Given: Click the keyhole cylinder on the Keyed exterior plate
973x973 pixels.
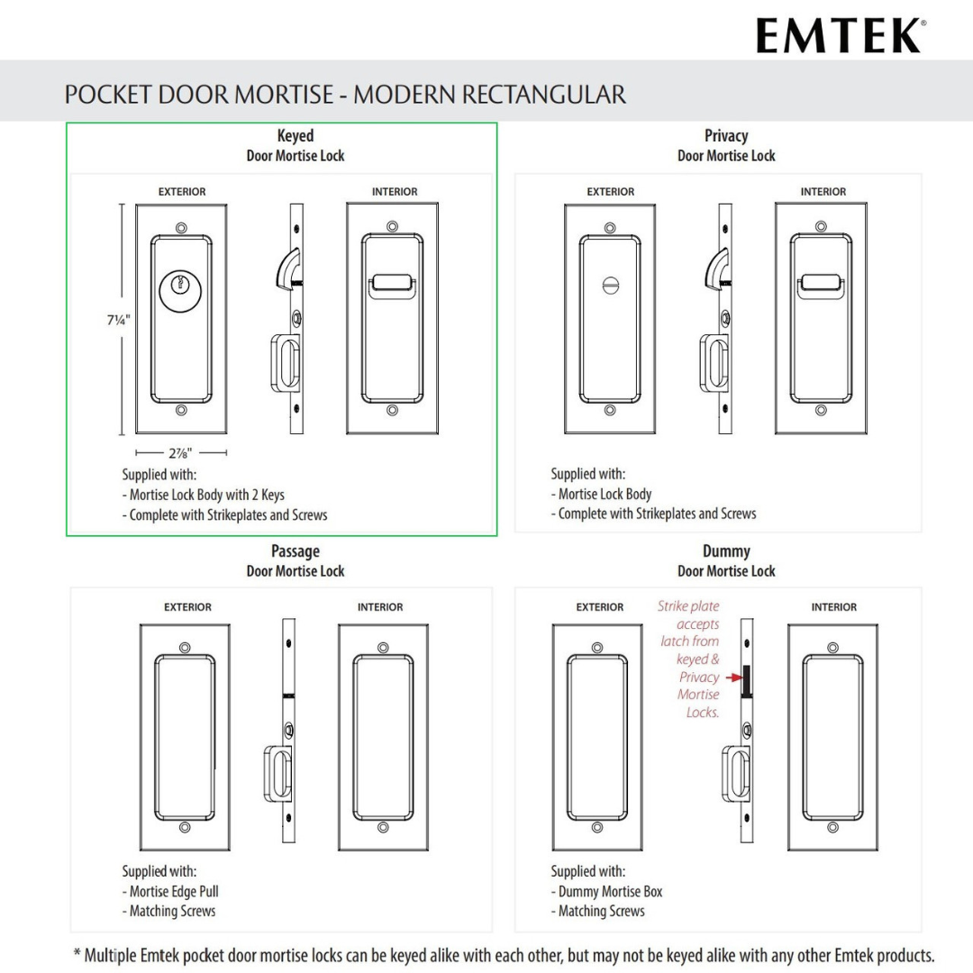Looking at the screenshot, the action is point(180,290).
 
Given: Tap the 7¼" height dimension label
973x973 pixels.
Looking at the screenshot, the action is point(119,320).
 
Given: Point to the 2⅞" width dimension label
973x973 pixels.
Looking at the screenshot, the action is point(180,453).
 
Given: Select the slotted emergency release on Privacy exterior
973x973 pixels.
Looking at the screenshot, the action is point(611,286).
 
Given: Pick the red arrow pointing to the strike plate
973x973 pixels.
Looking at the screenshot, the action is point(734,677).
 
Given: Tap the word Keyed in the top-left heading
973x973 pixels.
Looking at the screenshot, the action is point(296,135).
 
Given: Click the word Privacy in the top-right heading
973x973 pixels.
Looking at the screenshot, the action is point(726,135).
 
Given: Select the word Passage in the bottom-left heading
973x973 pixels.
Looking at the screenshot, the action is point(296,551).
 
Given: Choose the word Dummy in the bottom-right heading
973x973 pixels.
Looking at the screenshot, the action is point(726,551).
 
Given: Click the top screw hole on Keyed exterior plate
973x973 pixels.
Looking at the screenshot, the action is point(182,228).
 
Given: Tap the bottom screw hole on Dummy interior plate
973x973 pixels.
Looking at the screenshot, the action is point(832,827).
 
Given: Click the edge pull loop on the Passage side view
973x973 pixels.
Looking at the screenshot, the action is point(278,773).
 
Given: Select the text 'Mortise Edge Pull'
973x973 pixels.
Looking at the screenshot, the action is point(174,891).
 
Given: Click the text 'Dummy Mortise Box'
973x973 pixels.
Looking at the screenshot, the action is point(611,891).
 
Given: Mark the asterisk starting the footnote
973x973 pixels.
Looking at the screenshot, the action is point(77,952).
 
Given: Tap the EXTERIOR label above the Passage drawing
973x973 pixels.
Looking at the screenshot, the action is point(187,607).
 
